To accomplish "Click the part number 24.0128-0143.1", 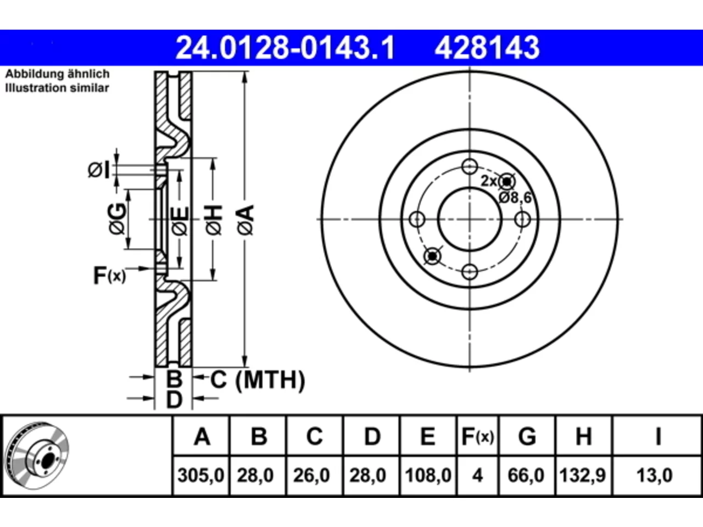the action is coord(285,48).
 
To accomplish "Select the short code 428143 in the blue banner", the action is coord(487,48).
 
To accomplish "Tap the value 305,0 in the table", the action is coord(201,475).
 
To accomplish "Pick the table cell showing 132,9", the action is coord(583,475).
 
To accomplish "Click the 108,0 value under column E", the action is coord(428,475).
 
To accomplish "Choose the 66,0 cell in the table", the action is coord(526,475).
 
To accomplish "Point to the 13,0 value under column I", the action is coord(654,475).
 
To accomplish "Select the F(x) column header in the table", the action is coord(477,436).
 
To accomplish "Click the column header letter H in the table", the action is coord(583,436).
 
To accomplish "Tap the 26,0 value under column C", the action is coord(311,475).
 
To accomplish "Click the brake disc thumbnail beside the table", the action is coord(37,455).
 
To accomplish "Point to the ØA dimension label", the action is coord(246,221).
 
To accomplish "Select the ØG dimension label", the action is coord(117,218).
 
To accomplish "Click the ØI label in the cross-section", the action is coord(99,170).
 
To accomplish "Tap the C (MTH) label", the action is coord(258,380).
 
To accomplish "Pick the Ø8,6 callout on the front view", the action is coord(515,198).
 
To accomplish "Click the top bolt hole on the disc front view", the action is coord(470,167).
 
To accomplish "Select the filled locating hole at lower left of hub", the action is coord(432,256).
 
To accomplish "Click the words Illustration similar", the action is coord(57,88).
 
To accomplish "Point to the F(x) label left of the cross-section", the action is coord(109,276).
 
